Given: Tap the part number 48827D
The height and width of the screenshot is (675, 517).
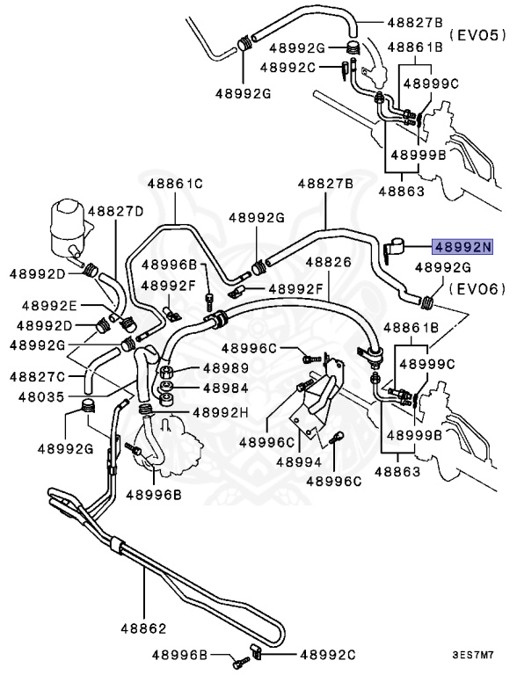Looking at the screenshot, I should (x=115, y=211).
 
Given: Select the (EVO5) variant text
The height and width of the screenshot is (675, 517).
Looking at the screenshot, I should (x=478, y=35).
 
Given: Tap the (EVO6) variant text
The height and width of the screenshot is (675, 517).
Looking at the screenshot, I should (x=478, y=287).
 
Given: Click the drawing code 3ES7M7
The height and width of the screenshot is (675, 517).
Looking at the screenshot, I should (x=474, y=655).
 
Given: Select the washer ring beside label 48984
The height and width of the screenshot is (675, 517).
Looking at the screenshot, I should (x=167, y=388).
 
